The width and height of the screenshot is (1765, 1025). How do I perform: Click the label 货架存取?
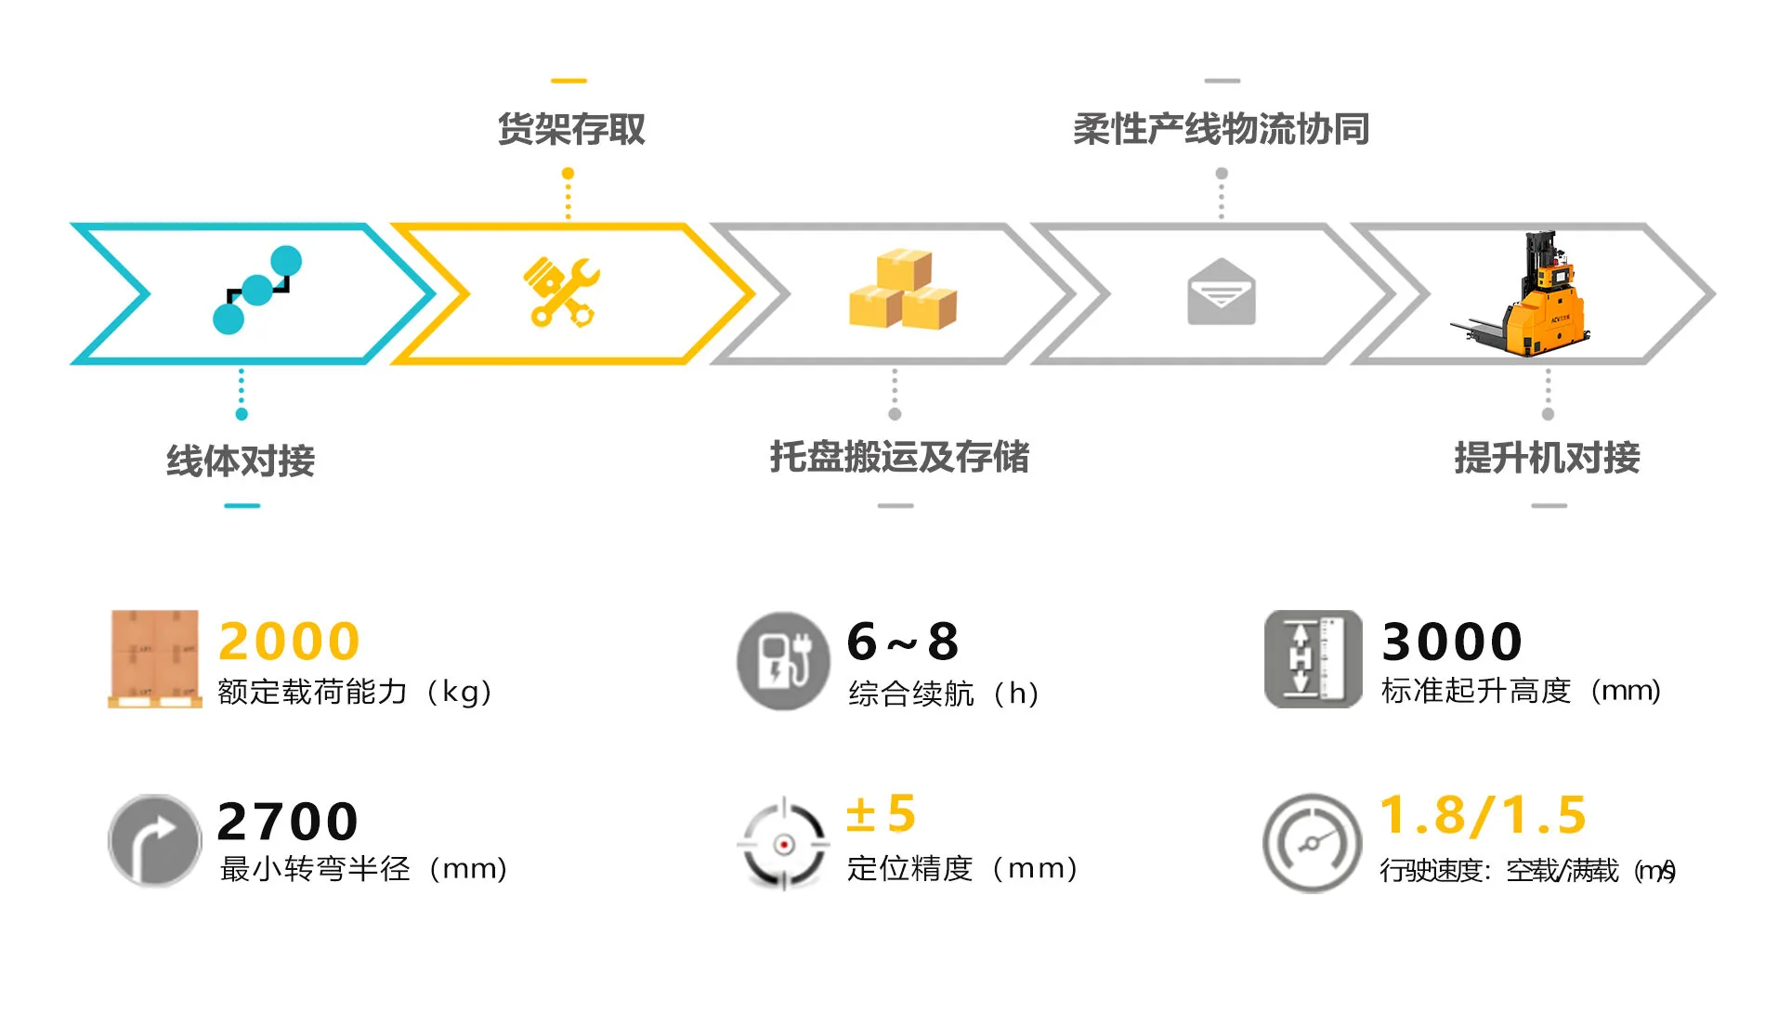pos(571,129)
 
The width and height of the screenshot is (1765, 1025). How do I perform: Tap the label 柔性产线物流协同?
pos(1222,129)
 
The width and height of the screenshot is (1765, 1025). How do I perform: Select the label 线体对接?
pos(241,461)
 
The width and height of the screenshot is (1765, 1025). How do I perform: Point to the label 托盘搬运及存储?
pos(899,457)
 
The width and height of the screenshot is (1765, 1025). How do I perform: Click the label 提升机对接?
pos(1547,458)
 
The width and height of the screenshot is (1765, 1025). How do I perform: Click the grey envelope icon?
pos(1222,292)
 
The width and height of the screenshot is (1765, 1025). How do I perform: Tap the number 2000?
pos(289,642)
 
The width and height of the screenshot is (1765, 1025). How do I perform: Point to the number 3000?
pos(1452,642)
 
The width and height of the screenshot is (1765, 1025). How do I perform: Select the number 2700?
pos(287,822)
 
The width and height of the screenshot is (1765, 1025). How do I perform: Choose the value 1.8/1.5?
pos(1483,816)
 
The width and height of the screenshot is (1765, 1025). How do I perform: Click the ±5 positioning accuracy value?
pos(881,814)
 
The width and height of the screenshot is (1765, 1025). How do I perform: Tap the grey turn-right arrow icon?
pos(154,840)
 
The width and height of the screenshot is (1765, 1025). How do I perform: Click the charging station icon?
pos(783,661)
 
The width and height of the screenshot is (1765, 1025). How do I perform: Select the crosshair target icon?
pos(783,844)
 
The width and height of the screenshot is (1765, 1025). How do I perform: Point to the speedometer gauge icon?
pos(1312,843)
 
